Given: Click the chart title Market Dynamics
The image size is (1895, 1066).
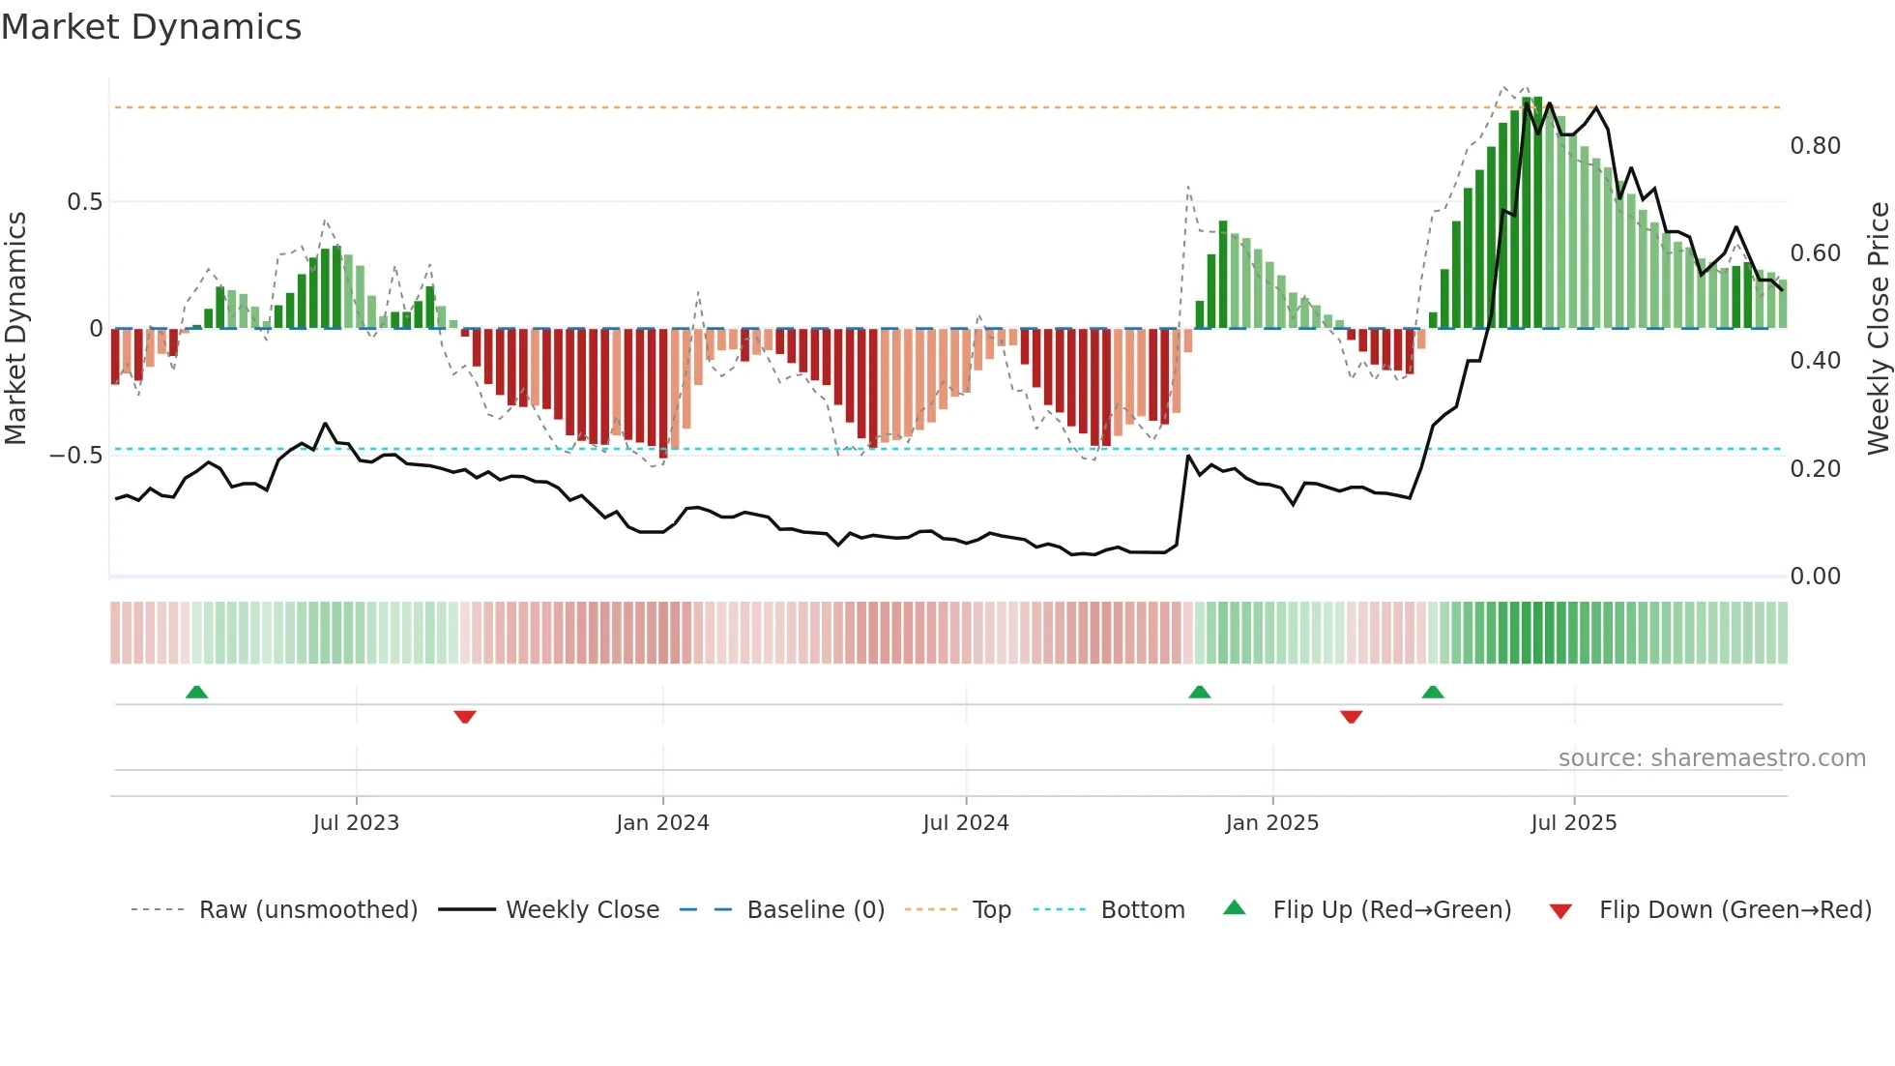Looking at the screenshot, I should point(151,27).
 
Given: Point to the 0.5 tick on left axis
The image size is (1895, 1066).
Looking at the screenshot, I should point(84,202).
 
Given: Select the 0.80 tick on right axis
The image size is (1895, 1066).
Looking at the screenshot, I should point(1815,146).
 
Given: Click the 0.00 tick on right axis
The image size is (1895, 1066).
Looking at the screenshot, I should point(1815,577).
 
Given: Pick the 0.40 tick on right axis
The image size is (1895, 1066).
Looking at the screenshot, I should point(1815,361).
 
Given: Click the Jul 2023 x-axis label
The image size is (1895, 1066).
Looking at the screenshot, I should point(356,823).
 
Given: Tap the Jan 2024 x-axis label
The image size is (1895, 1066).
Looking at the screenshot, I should point(662,823).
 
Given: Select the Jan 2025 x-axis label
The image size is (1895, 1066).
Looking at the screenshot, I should point(1271,823).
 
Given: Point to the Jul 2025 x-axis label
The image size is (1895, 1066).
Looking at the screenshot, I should point(1573,823).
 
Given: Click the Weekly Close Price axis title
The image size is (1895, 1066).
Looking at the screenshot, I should point(1878,328).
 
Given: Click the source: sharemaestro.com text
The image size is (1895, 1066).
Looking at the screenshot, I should point(1711,758).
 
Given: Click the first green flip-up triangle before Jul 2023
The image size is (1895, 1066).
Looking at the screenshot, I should point(196,693).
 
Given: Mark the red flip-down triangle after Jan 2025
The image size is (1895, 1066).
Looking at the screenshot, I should point(1351,717).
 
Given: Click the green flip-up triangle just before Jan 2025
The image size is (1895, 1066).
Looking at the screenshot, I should point(1199,693).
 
